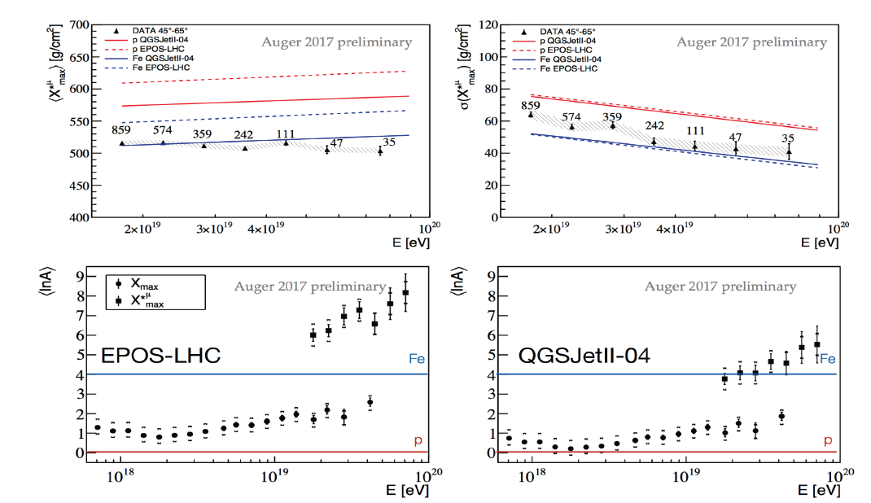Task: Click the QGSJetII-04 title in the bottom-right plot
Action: [582, 356]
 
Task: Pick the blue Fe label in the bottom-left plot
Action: [417, 357]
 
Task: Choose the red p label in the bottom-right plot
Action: [827, 440]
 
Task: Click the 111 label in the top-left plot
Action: [286, 134]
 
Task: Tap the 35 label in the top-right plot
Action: [787, 138]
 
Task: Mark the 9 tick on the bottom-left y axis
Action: [80, 276]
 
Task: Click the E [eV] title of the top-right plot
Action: [818, 242]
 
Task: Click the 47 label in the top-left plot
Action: [336, 142]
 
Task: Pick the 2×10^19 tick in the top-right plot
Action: [550, 230]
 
